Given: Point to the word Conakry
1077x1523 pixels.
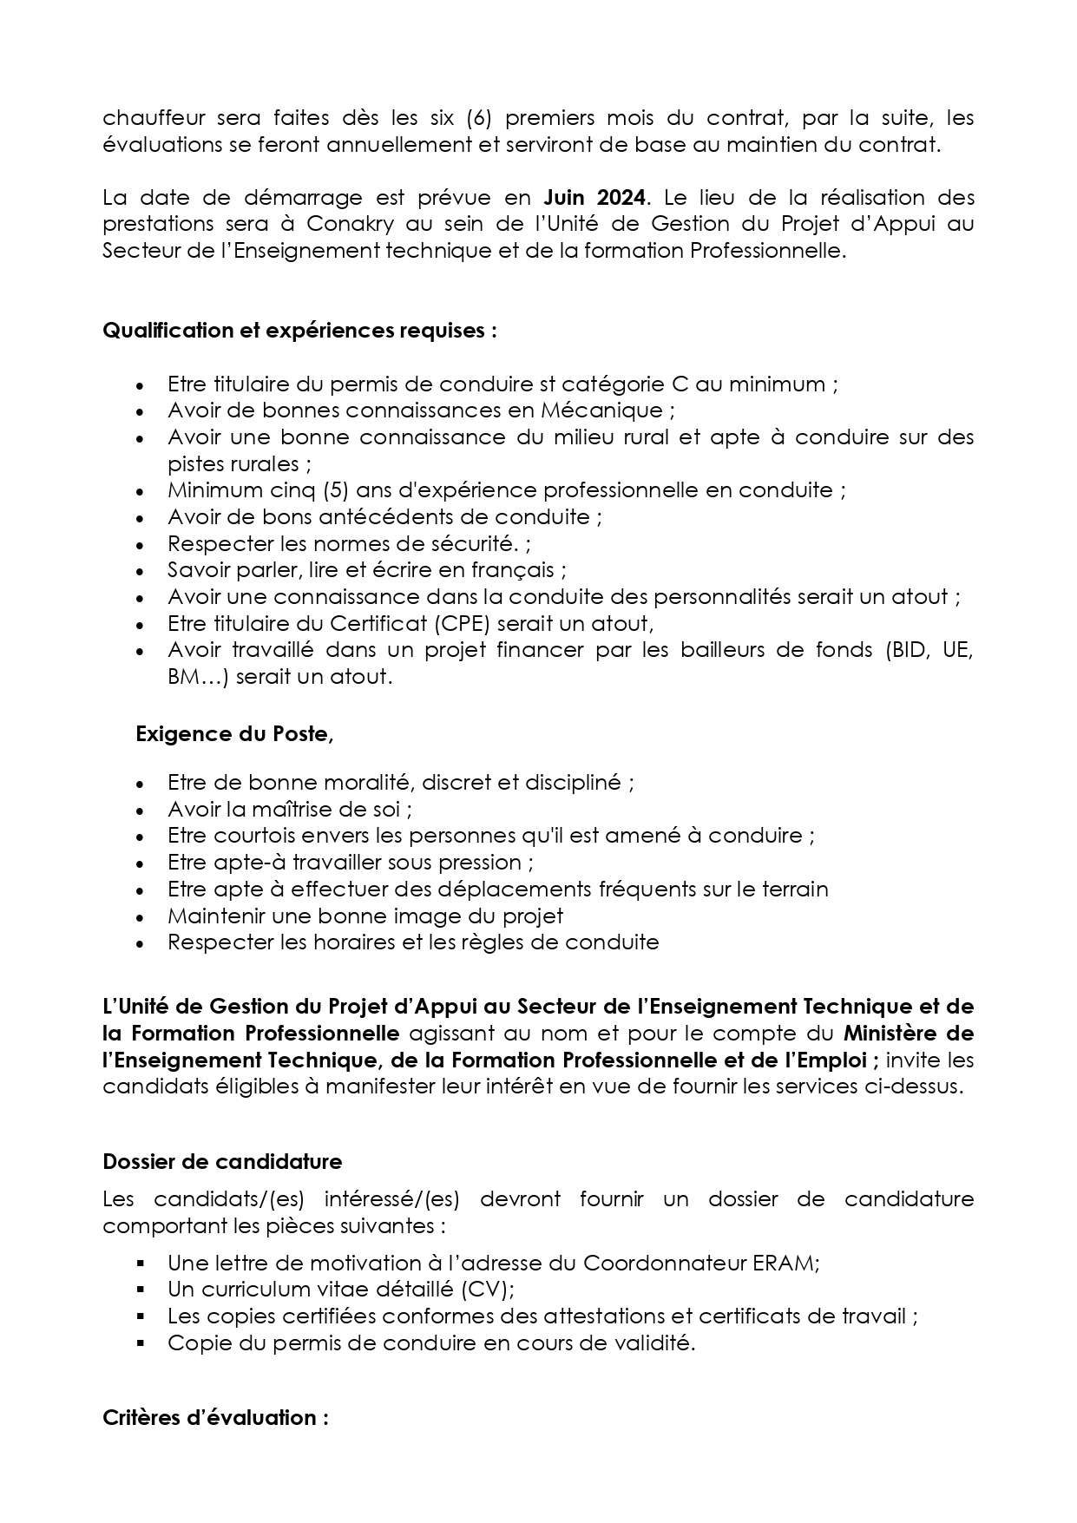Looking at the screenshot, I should click(350, 224).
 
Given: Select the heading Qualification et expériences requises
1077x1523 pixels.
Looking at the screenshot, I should click(299, 331).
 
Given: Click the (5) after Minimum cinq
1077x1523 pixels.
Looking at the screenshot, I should click(336, 490).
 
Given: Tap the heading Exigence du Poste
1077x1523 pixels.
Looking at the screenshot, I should click(234, 734).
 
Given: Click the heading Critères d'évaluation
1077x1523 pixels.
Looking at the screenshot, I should click(215, 1418).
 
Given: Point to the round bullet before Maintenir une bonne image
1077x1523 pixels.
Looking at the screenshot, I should click(141, 916).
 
